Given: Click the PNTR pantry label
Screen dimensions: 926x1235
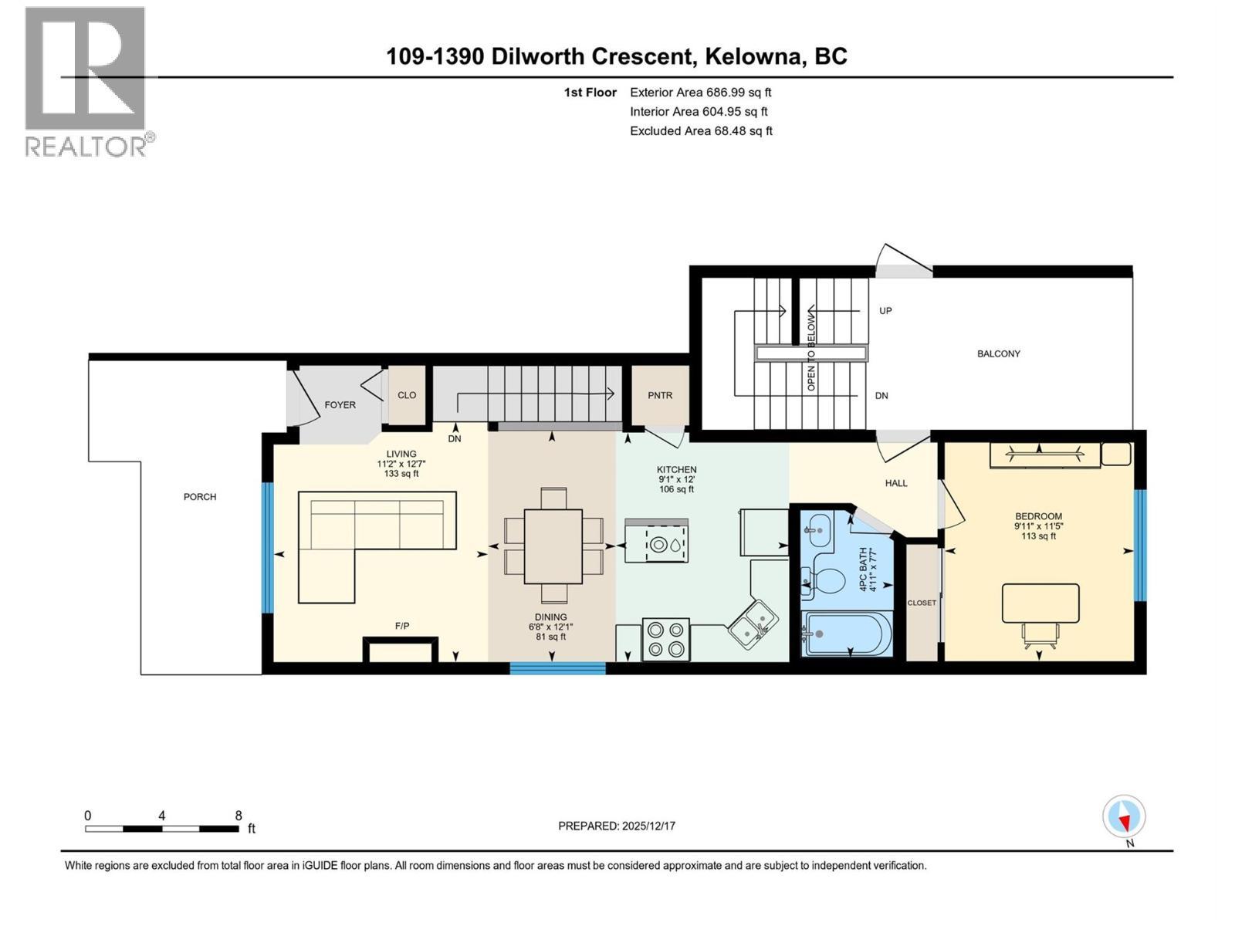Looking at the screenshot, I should tap(660, 395).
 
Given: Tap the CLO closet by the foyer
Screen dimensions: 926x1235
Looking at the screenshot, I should tap(407, 395).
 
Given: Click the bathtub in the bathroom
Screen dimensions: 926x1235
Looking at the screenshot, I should tap(848, 634).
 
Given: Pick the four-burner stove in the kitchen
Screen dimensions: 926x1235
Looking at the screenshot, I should tap(666, 640).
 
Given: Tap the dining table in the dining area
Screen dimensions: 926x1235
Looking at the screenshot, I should tap(553, 546).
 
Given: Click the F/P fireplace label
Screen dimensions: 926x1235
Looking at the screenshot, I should tap(402, 626).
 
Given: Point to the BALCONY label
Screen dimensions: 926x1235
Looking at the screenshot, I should tap(998, 353).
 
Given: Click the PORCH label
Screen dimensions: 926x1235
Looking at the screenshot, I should tap(200, 497).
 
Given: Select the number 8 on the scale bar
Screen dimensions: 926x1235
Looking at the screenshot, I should tap(239, 816).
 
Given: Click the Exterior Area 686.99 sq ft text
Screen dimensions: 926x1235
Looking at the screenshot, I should tap(700, 93).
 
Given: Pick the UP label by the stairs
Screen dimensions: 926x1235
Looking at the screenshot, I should tap(885, 311).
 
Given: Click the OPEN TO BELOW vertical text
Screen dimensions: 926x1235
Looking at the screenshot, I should tap(811, 352).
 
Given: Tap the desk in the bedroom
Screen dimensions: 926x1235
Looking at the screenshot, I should tap(1040, 603).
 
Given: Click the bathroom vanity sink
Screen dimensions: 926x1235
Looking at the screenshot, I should tap(816, 530).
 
